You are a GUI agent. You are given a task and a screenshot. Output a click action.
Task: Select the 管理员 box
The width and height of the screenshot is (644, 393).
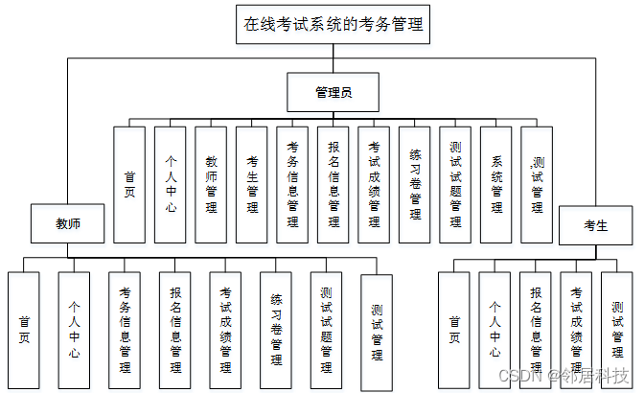[333, 93]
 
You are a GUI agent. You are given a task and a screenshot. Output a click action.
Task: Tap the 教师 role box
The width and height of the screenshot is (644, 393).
[67, 223]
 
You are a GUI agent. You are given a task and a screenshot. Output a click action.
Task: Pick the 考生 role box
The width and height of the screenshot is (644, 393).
[595, 224]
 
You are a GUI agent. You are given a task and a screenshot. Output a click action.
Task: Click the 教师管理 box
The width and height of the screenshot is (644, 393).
[211, 184]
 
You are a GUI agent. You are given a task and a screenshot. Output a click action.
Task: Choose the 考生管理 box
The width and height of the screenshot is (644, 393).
[252, 184]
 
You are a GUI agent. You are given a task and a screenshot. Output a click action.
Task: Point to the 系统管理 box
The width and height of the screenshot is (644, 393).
[496, 184]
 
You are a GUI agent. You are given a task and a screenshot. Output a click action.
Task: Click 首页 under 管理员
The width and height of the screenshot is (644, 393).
[129, 184]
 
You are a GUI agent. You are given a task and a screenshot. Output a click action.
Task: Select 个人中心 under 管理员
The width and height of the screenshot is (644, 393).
[170, 184]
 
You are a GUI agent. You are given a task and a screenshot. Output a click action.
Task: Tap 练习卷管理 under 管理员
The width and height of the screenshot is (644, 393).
[415, 184]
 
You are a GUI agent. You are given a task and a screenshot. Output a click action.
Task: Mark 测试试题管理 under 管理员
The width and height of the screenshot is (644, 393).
[456, 184]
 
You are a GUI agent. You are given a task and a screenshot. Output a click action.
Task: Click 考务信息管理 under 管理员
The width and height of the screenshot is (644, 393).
[292, 184]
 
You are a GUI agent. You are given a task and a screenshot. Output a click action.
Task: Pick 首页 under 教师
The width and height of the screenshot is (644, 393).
[24, 330]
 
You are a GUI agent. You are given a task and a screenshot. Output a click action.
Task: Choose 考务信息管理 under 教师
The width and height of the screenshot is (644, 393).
[125, 330]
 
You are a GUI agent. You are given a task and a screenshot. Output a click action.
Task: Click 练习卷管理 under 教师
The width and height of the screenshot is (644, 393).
[276, 330]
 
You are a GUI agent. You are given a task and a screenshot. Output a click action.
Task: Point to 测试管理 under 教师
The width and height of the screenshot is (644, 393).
[377, 332]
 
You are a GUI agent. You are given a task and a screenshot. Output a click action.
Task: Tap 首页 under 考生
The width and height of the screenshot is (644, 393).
[454, 330]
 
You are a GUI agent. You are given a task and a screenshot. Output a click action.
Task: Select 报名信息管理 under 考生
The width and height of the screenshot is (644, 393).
[536, 330]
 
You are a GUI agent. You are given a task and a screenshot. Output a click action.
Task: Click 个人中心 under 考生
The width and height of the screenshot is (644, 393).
[494, 330]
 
